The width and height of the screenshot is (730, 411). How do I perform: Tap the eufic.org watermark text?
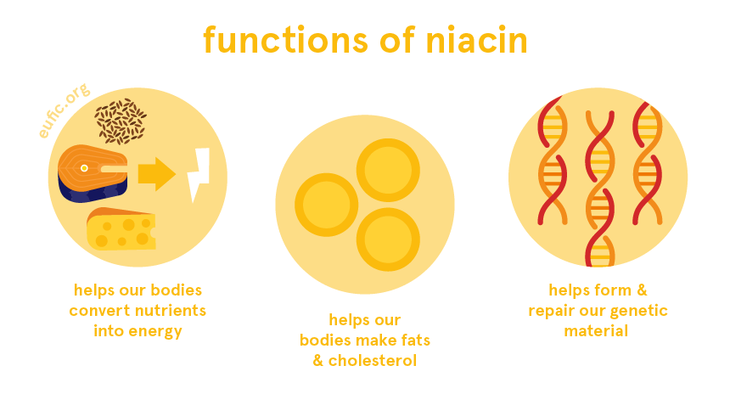click(65, 111)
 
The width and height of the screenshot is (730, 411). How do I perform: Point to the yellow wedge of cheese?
click(121, 229)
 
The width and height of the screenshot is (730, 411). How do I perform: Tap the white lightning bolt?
click(199, 175)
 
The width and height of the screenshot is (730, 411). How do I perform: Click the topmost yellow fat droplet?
click(388, 170)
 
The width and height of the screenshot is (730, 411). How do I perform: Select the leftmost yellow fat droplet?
click(327, 205)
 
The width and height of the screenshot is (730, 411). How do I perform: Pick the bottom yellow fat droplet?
click(388, 239)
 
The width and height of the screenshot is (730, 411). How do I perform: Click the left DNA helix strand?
click(553, 161)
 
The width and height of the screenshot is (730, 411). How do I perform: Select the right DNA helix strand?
click(646, 161)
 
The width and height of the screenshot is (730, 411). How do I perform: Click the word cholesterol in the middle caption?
click(374, 361)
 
